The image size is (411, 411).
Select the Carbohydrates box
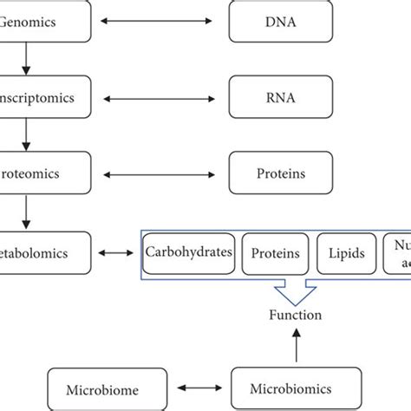188,253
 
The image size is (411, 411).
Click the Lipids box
346,253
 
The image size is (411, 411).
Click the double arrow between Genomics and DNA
160,21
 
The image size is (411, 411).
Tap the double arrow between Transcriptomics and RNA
160,95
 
